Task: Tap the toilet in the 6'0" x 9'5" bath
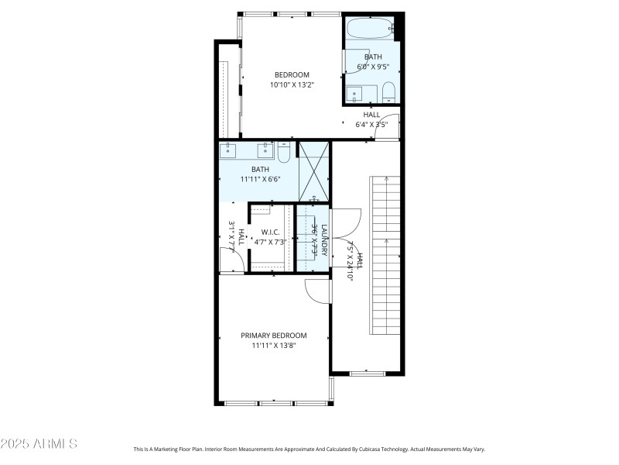tap(388, 92)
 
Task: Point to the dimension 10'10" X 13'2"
tap(292, 84)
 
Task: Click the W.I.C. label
tap(270, 232)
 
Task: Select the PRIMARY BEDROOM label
tap(274, 336)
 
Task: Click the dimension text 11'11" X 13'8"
tap(274, 346)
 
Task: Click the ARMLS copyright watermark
tap(39, 444)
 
